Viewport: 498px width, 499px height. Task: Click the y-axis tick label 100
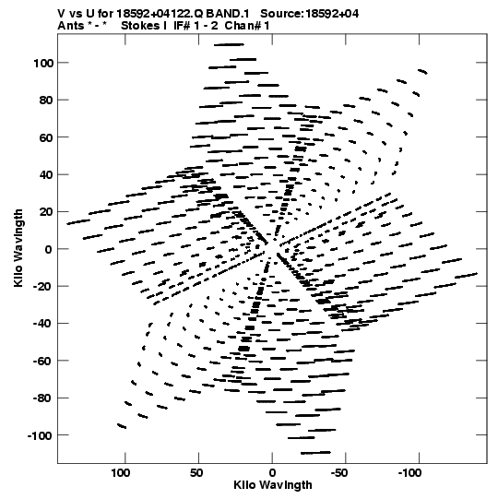43,63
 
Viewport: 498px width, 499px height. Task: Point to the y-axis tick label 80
46,101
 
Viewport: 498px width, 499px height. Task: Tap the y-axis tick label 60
46,137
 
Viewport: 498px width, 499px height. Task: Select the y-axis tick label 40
46,174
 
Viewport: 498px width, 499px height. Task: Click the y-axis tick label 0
48,249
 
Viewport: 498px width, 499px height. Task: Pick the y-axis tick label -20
43,287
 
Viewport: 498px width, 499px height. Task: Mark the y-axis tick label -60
43,362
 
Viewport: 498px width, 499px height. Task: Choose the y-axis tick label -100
41,435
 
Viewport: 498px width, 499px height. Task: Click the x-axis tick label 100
121,473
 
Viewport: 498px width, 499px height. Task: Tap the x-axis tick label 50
196,473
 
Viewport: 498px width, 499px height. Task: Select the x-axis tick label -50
338,473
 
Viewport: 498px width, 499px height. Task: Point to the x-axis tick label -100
409,473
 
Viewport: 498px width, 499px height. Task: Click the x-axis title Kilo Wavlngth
273,485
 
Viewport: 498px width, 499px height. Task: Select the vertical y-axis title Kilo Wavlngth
18,248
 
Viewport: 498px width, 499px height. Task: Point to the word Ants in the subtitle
71,26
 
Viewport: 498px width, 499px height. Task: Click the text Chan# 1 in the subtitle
247,26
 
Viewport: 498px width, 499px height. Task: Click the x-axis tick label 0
272,473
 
